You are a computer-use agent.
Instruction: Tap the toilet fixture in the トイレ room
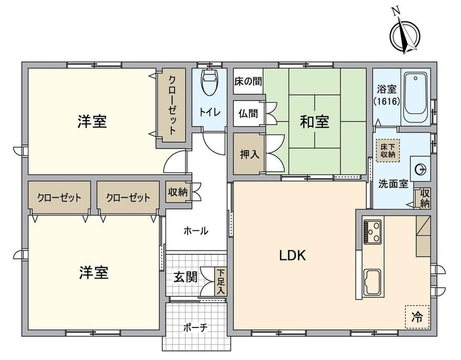coord(209,82)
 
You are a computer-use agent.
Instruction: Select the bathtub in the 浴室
coord(415,98)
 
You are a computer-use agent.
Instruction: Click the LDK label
coord(292,256)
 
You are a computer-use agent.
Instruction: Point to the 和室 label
coord(314,122)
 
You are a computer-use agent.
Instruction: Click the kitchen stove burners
coord(373,232)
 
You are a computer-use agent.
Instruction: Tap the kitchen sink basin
coord(372,282)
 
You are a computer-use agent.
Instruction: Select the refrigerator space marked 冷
coord(417,317)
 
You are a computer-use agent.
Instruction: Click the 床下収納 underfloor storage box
coord(388,150)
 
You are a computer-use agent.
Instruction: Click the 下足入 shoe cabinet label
coord(221,281)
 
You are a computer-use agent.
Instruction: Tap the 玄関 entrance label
coord(185,277)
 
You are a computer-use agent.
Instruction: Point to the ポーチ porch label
coord(195,327)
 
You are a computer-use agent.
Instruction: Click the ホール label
coord(196,231)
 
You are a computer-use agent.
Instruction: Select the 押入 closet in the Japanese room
coord(250,154)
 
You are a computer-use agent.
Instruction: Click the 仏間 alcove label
coord(248,113)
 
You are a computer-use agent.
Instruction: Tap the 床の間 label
coord(248,82)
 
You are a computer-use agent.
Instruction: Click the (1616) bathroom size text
coord(387,101)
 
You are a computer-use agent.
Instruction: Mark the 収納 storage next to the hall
coord(178,192)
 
